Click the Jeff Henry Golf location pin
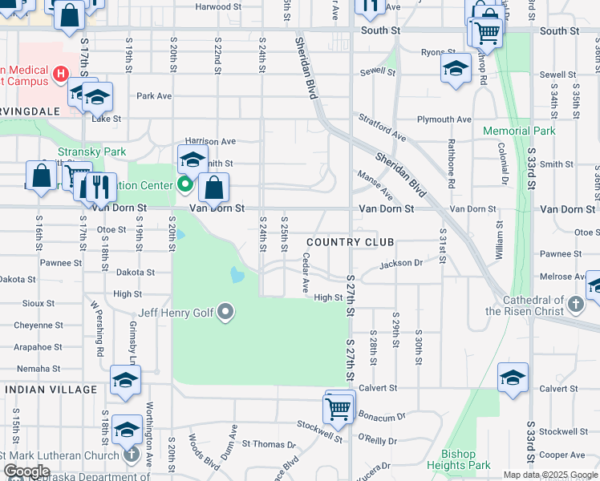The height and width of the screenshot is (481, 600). (225, 312)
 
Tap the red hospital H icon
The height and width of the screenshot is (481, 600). (59, 75)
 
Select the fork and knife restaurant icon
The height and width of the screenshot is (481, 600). (99, 186)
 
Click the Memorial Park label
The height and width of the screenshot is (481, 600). (519, 131)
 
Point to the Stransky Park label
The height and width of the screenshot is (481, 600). (80, 151)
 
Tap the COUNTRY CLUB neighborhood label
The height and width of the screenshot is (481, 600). (351, 242)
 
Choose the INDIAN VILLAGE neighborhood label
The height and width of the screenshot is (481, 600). (51, 390)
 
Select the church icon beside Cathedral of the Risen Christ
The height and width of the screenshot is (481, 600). (575, 304)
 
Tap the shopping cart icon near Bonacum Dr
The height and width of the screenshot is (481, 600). (338, 409)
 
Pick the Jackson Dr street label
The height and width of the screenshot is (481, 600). (401, 263)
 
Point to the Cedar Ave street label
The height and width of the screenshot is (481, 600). (305, 273)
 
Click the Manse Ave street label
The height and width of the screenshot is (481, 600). (375, 185)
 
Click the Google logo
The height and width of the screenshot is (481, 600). (26, 471)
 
